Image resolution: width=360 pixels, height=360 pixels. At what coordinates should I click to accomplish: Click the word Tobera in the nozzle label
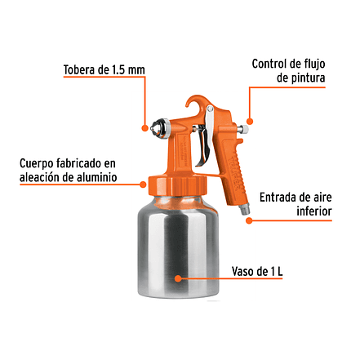[79, 69]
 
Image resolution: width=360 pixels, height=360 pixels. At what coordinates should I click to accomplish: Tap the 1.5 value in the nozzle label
[118, 70]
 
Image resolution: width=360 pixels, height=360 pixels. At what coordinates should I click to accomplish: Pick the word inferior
[314, 211]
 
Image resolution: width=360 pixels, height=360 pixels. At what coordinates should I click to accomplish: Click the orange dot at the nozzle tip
[145, 127]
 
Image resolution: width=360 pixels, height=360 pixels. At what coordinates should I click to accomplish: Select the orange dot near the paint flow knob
[249, 121]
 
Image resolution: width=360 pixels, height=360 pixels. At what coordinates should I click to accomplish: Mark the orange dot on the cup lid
[143, 184]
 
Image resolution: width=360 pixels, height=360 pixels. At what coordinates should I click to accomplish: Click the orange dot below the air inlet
[249, 220]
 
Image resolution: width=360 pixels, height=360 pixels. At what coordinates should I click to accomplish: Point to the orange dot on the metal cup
[178, 278]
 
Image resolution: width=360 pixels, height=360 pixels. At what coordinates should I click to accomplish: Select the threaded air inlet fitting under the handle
[243, 208]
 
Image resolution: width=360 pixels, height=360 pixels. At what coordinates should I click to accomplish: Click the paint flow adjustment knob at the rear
[242, 129]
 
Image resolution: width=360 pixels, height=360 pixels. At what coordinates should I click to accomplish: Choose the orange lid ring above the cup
[177, 185]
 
